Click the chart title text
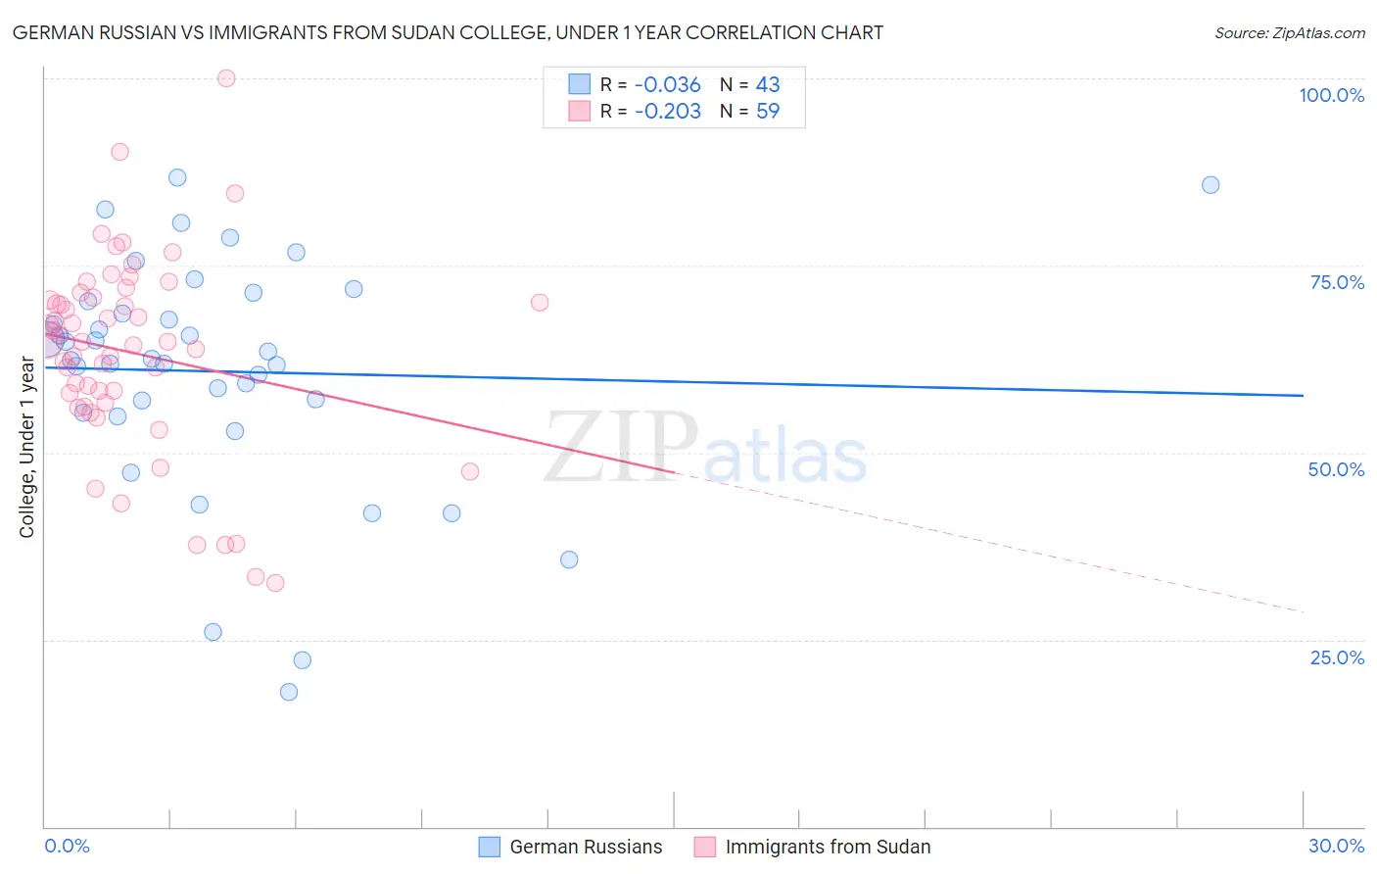(448, 32)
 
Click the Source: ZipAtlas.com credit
(1289, 32)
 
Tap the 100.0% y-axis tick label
(1331, 95)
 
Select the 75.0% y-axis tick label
(1337, 282)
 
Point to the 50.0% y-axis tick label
(1336, 469)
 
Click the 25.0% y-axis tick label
(1337, 657)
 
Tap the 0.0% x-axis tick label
(67, 846)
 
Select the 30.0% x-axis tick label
(1336, 846)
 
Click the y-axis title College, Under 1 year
(27, 448)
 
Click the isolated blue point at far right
(1211, 185)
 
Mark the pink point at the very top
(226, 78)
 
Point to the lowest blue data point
(289, 692)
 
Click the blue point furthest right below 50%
(569, 559)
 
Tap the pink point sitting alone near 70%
(540, 303)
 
